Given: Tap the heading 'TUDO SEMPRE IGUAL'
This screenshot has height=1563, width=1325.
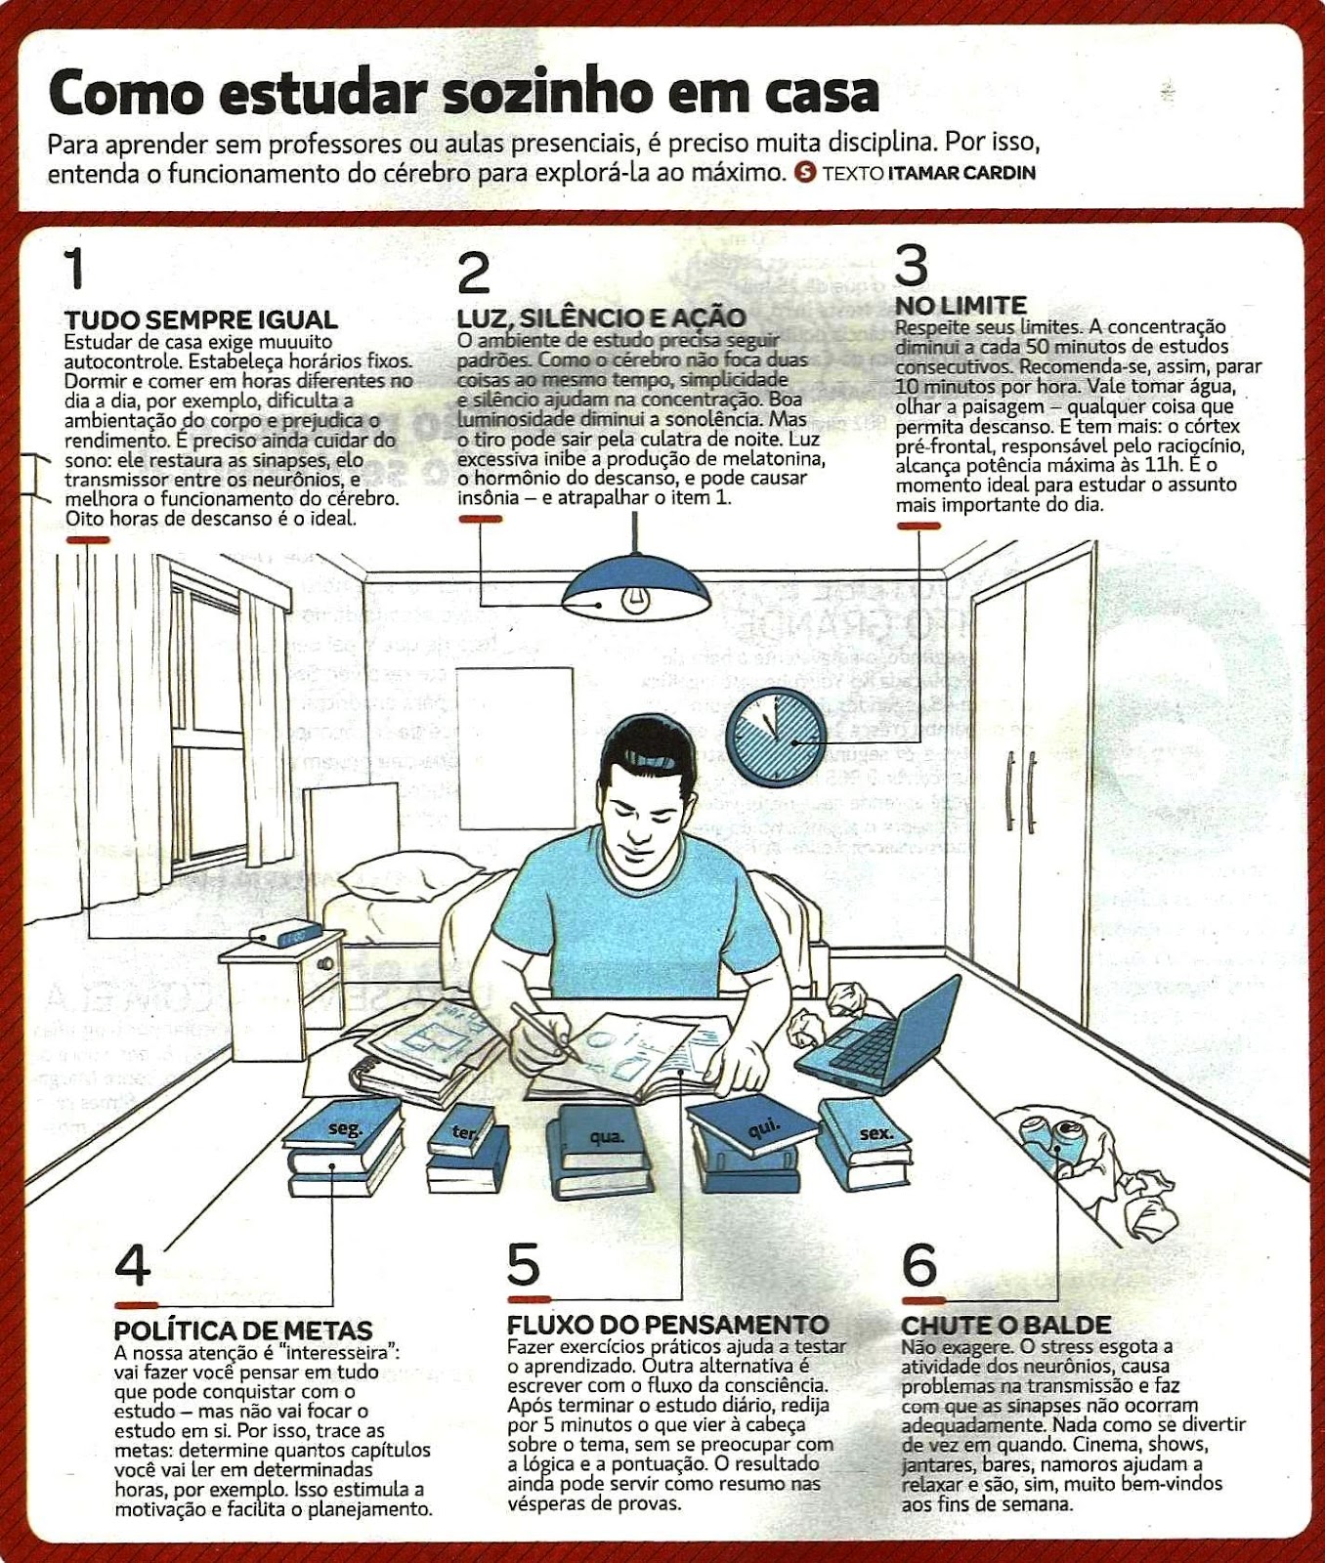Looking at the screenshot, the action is tap(201, 319).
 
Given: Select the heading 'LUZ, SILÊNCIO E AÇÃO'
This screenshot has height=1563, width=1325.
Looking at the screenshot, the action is tap(601, 317).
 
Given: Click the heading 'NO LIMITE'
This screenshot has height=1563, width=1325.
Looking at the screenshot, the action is tap(962, 306).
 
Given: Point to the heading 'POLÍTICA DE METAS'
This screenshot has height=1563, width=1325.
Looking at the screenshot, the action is tap(243, 1331).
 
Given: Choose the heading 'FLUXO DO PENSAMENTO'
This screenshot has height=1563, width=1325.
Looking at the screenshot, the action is tap(667, 1325).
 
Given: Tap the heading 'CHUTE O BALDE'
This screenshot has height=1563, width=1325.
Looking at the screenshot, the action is tap(1005, 1326).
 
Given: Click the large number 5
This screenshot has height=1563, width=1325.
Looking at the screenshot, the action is tap(524, 1264).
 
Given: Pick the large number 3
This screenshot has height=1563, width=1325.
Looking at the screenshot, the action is tap(911, 265).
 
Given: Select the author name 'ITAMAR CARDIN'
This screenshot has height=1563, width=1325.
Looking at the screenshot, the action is tap(962, 173).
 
